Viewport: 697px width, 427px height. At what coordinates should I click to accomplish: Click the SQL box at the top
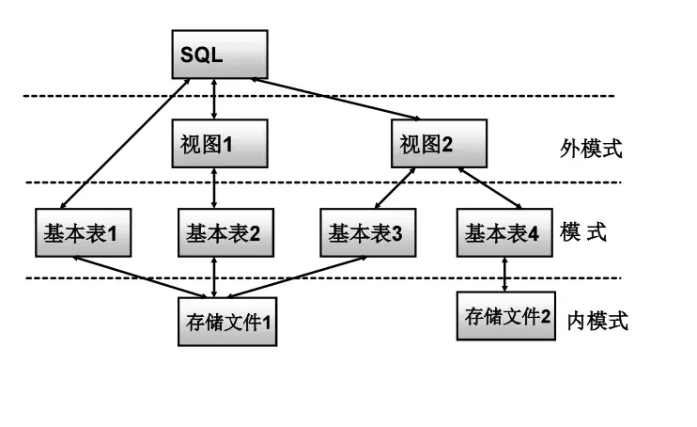coord(219,55)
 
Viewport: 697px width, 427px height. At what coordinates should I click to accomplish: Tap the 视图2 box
coord(438,144)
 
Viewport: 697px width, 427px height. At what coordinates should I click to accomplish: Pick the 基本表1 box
coord(81,231)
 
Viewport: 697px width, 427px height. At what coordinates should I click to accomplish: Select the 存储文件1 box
coord(227,321)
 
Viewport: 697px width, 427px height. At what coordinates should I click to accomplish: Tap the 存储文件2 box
coord(505,316)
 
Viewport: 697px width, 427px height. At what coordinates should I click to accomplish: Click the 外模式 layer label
coord(592,149)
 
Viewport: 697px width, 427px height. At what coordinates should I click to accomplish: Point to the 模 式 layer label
coord(583,231)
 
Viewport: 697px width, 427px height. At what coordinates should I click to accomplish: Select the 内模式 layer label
coord(596,321)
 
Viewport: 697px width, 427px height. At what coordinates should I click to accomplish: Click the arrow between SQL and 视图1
coord(217,99)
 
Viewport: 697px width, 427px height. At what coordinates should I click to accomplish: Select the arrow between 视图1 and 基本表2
coord(217,188)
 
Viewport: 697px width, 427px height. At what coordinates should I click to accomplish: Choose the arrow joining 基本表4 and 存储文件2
coord(505,274)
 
